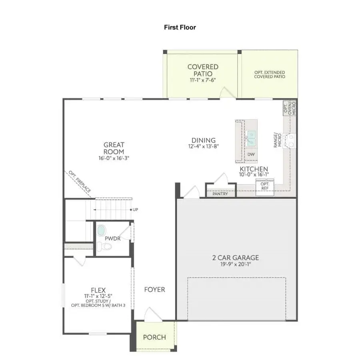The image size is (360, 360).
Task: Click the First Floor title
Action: click(x=180, y=27)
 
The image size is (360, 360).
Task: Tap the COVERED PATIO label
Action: click(x=203, y=70)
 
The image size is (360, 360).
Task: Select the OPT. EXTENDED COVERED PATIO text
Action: click(x=270, y=74)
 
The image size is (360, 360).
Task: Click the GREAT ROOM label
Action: click(x=114, y=148)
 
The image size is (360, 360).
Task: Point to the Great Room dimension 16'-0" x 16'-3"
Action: click(x=114, y=158)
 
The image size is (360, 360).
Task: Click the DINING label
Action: click(x=203, y=140)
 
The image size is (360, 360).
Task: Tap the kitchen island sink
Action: click(x=251, y=138)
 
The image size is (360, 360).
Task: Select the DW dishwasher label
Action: click(x=251, y=154)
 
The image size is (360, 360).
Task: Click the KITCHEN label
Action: click(x=254, y=169)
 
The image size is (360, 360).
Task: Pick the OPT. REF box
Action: click(x=265, y=186)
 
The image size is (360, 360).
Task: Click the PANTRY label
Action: click(x=220, y=194)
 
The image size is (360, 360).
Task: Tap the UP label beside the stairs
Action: click(x=136, y=210)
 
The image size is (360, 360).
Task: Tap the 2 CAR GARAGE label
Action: click(x=235, y=258)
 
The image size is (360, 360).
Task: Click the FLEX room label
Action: click(x=98, y=290)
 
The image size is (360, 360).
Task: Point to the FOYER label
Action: click(x=154, y=289)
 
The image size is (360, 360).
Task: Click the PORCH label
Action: click(x=154, y=337)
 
